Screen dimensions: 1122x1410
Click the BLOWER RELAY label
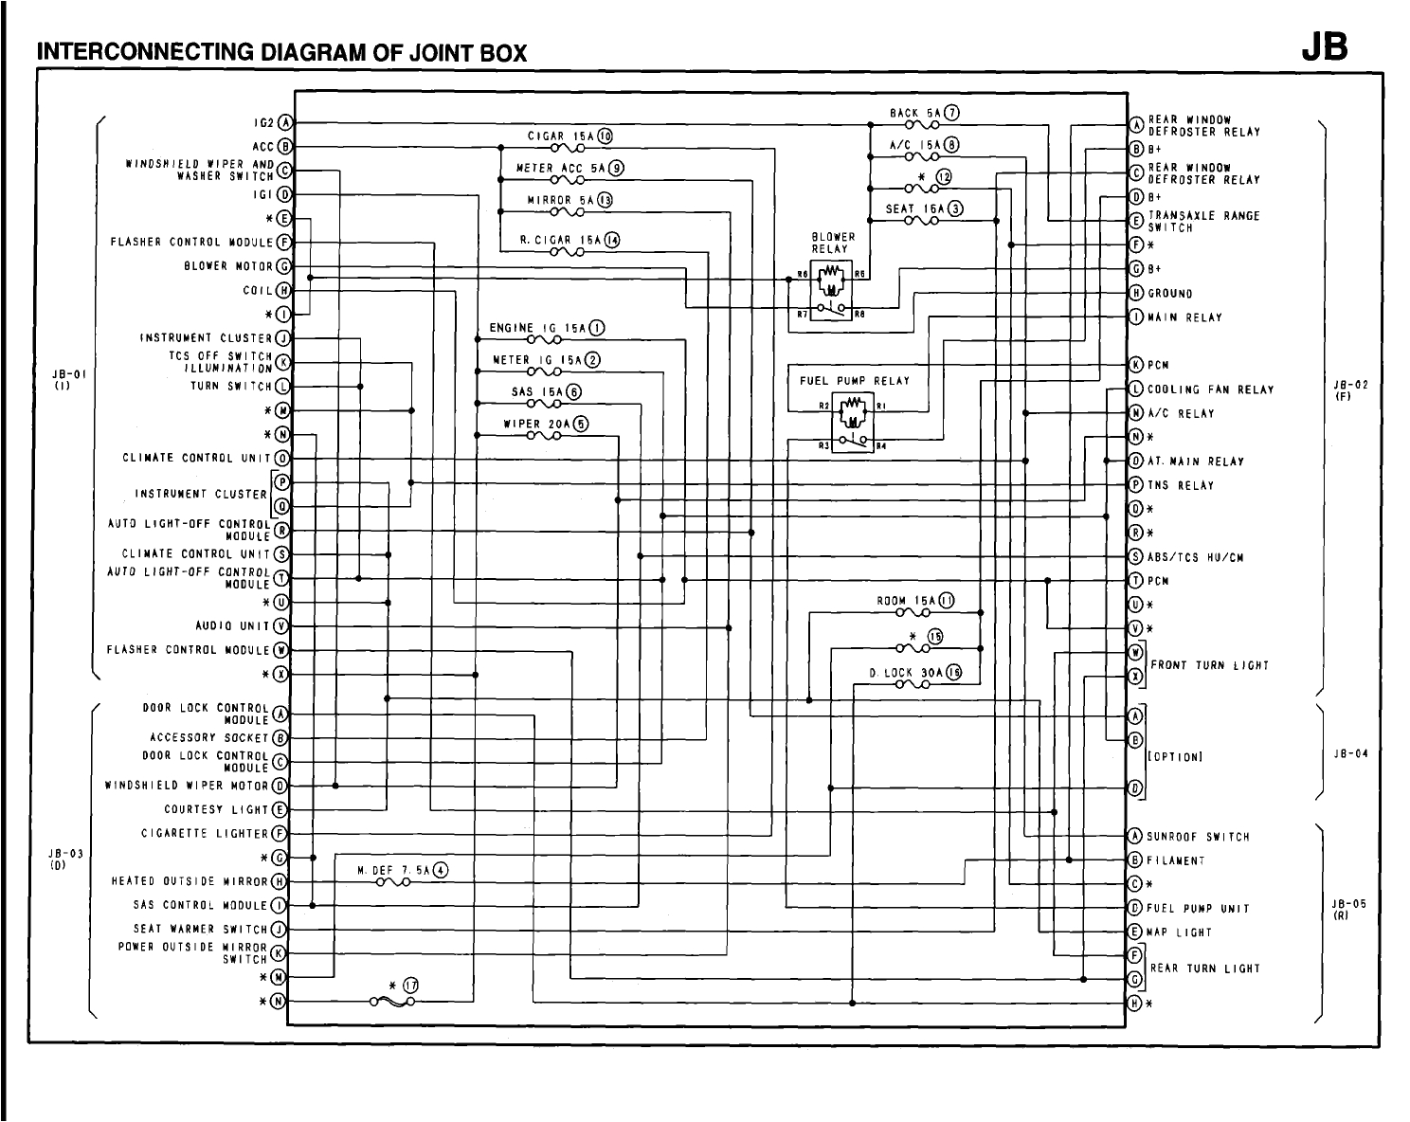click(x=833, y=244)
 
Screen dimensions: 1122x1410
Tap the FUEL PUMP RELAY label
click(x=855, y=381)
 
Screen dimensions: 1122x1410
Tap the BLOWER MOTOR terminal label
click(x=228, y=266)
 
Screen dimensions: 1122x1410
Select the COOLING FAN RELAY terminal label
click(x=1210, y=389)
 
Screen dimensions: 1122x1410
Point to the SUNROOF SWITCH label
click(x=1198, y=837)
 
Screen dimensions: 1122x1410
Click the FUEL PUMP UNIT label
click(x=1198, y=909)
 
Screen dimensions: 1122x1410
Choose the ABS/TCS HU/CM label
click(x=1195, y=557)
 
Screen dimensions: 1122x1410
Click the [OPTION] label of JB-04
click(x=1175, y=757)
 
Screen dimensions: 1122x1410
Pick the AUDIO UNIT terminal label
click(x=232, y=626)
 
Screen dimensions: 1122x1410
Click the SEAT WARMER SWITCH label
click(x=205, y=929)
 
